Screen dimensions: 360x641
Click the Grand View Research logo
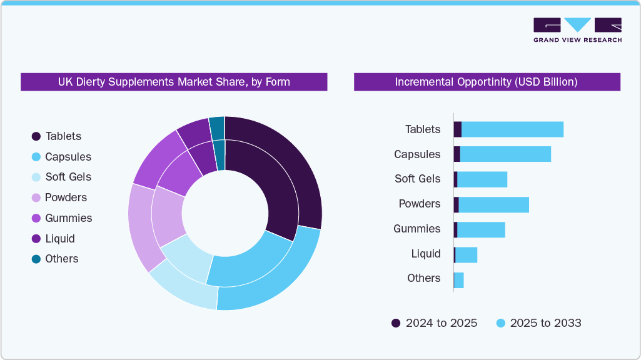(x=577, y=29)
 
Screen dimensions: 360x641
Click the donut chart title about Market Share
(x=174, y=82)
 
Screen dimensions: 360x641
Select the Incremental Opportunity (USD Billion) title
(x=487, y=82)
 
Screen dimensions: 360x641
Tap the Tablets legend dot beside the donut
(x=36, y=136)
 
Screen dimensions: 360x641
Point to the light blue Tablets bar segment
(x=512, y=129)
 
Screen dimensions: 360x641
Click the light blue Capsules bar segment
(x=505, y=154)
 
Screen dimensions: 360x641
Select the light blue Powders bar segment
(x=493, y=204)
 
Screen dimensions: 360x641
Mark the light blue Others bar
(x=458, y=280)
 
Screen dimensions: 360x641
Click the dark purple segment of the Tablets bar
(x=458, y=129)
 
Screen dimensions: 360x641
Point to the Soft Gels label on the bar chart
(x=417, y=179)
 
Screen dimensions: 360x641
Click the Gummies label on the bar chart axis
(x=416, y=229)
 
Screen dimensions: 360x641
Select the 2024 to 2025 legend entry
(x=434, y=323)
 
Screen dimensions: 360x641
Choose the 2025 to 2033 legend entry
(x=538, y=323)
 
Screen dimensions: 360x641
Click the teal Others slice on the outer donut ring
(x=216, y=127)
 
